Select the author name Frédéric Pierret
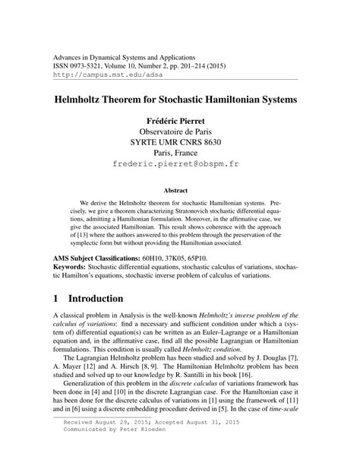point(180,121)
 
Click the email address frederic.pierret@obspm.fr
point(180,163)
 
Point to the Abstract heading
point(180,192)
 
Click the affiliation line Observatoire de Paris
point(180,135)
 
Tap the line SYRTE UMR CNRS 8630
point(180,149)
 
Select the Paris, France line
point(180,163)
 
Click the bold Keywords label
point(74,269)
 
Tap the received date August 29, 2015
point(128,441)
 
